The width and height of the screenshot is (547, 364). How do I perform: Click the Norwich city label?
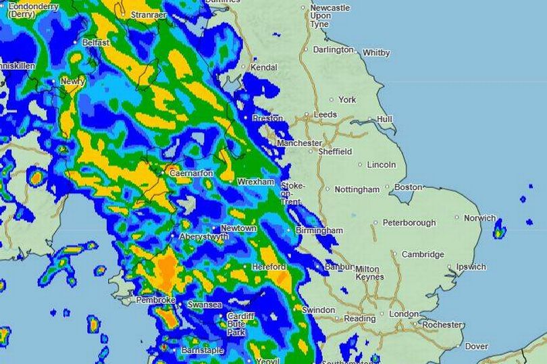pos(479,218)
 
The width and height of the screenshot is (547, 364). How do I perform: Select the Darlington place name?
pos(333,49)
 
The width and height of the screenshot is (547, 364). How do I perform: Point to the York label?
pos(347,100)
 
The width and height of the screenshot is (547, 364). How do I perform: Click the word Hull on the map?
pos(384,120)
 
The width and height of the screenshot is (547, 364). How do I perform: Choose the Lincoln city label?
pos(382,165)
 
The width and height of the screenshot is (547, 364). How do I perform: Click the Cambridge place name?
pos(423,255)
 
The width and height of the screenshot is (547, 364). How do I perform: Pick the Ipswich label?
pos(471,267)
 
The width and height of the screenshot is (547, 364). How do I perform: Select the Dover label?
pos(477,346)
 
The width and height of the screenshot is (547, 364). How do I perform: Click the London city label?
pos(404,314)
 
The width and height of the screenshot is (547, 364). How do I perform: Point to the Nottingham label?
pos(357,190)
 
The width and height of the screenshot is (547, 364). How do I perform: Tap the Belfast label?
pos(95,42)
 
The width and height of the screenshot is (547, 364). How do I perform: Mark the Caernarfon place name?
pos(191,174)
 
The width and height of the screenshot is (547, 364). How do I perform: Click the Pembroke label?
pos(156,300)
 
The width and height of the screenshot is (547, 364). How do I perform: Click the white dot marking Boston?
pos(394,186)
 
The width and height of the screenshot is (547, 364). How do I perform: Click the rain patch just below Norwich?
pos(499,232)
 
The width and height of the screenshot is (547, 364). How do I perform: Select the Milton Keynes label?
pos(369,273)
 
